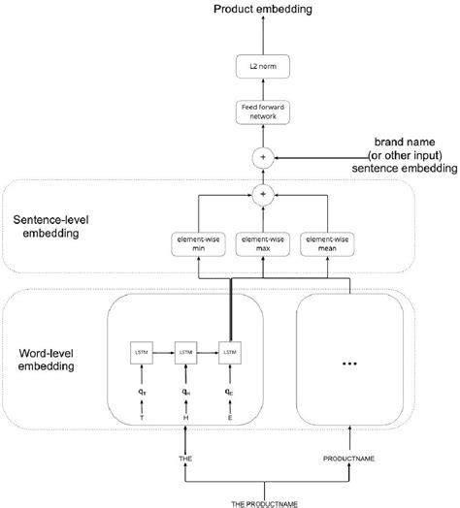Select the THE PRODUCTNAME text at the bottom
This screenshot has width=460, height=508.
coord(263,500)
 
